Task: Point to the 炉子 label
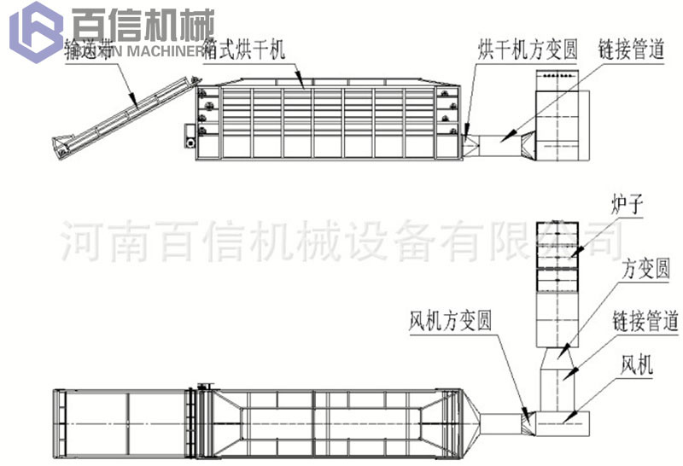point(626,206)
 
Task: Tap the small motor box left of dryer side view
point(190,135)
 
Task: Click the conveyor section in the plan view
point(120,421)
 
